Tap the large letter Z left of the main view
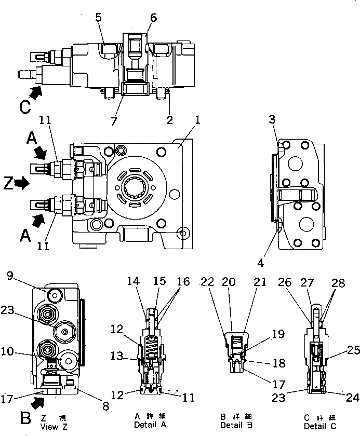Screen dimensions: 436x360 7,183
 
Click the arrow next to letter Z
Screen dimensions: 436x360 23,183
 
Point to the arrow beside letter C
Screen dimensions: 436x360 36,93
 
